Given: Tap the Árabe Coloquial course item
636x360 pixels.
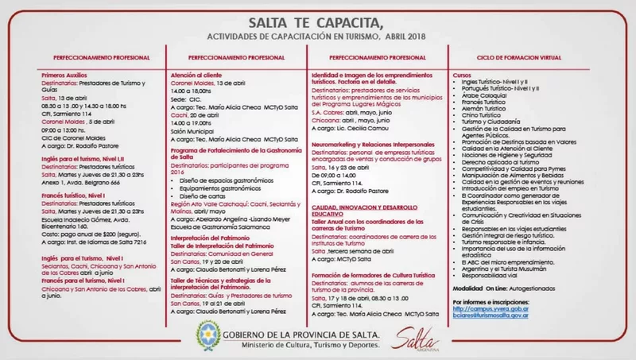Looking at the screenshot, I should click(487, 95).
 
